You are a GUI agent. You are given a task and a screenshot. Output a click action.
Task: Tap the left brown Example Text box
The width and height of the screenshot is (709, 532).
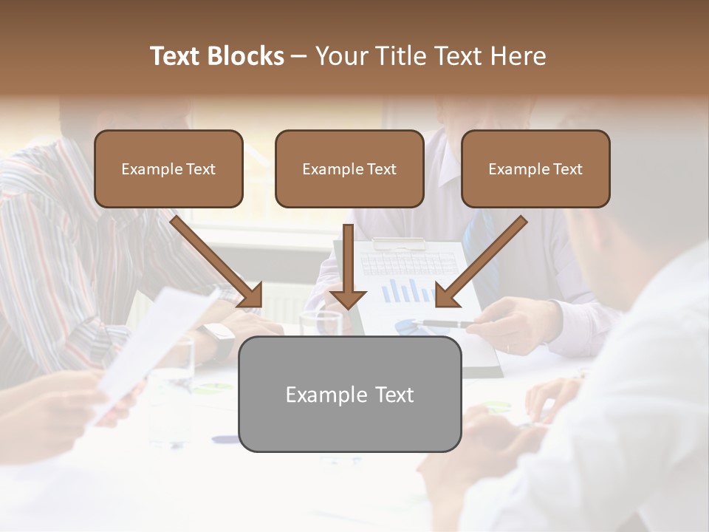(x=168, y=169)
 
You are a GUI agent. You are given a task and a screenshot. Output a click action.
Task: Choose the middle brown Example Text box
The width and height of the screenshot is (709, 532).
(x=349, y=169)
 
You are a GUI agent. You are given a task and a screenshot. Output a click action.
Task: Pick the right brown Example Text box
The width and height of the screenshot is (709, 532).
(x=535, y=169)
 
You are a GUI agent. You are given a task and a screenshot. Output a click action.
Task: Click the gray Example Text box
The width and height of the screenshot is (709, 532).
(x=349, y=394)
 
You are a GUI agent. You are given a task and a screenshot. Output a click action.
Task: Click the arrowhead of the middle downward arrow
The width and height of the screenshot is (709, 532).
(x=348, y=299)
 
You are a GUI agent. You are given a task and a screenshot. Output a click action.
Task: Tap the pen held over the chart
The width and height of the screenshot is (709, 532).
(x=447, y=324)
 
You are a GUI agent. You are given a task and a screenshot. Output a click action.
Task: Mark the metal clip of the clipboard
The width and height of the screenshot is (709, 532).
(x=399, y=243)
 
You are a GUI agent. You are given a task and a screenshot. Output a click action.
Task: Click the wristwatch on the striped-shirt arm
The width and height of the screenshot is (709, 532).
(x=219, y=337)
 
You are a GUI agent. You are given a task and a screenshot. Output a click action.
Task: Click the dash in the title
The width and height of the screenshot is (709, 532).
(x=299, y=56)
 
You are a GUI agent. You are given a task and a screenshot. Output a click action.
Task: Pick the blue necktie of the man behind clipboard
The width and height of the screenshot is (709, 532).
(x=480, y=244)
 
